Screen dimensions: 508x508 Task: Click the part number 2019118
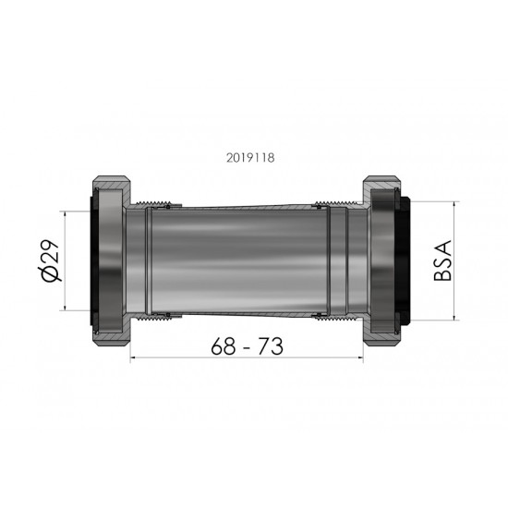[x=249, y=157]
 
